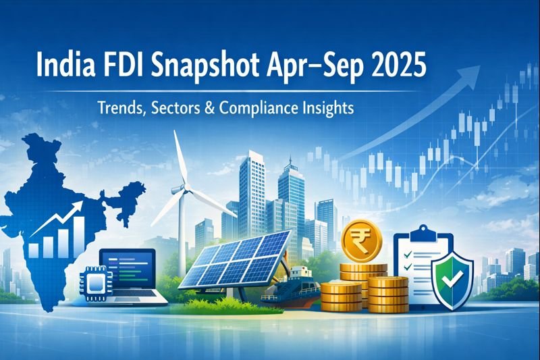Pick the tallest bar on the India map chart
(x=78, y=233)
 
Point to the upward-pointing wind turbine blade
(x=178, y=155)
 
